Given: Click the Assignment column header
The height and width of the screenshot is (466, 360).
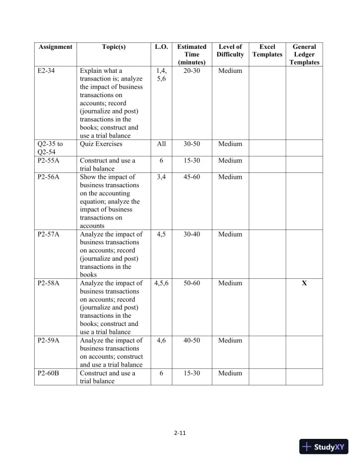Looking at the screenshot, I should pyautogui.click(x=55, y=46).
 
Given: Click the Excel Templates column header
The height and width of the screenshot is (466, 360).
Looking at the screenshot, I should pyautogui.click(x=267, y=51).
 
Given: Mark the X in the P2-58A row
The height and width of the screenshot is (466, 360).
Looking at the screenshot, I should pyautogui.click(x=304, y=284).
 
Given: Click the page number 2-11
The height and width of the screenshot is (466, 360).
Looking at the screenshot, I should pyautogui.click(x=180, y=434).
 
